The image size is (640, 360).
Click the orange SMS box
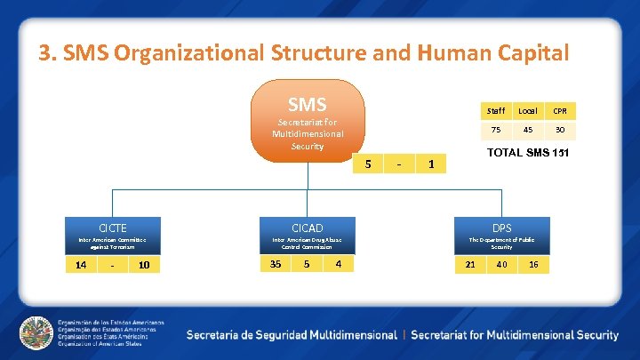pos(307,121)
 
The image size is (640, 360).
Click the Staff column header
pos(496,111)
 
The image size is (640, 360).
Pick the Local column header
pos(528,111)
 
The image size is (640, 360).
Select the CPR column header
pos(560,111)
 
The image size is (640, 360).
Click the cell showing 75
pos(496,130)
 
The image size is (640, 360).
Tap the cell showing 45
pos(528,130)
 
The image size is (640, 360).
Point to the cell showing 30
pos(560,130)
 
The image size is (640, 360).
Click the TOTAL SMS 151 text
pos(530,153)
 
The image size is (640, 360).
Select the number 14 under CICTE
pos(81,265)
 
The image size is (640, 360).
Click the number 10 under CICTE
pos(144,265)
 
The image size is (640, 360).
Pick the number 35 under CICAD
pos(276,264)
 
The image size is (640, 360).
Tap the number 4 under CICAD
pos(339,264)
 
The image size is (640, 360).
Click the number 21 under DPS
pos(470,265)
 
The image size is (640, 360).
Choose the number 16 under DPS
pos(533,265)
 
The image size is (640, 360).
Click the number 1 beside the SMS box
pos(431,164)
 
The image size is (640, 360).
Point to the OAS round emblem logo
pos(36,332)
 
